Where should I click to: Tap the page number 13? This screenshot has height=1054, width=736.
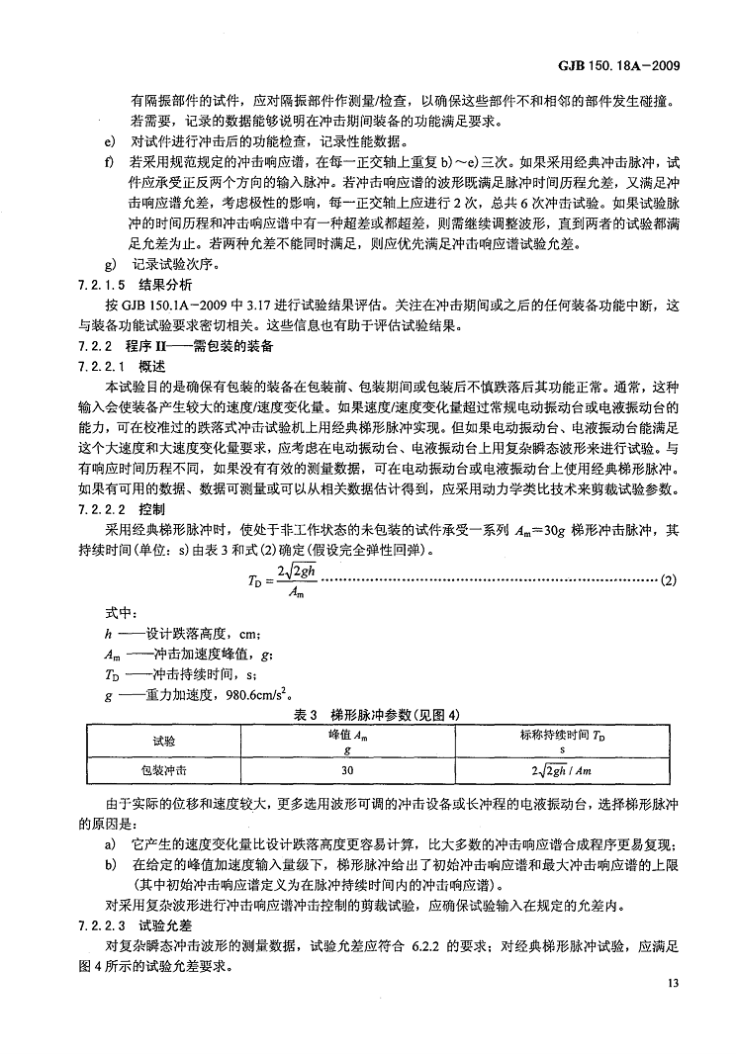coord(675,982)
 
